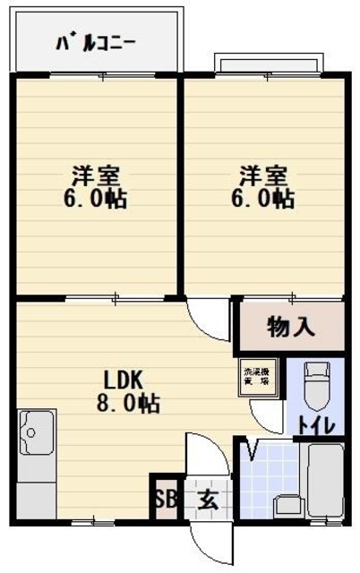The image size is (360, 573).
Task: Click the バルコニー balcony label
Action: point(96,42)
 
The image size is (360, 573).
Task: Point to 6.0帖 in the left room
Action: point(94,199)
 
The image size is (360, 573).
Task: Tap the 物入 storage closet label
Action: point(291,327)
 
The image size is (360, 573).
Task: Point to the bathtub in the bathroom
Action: point(324,484)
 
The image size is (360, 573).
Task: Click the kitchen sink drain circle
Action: point(30,434)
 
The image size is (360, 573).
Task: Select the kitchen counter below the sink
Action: point(36,488)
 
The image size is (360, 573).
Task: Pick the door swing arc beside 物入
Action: point(208,321)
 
